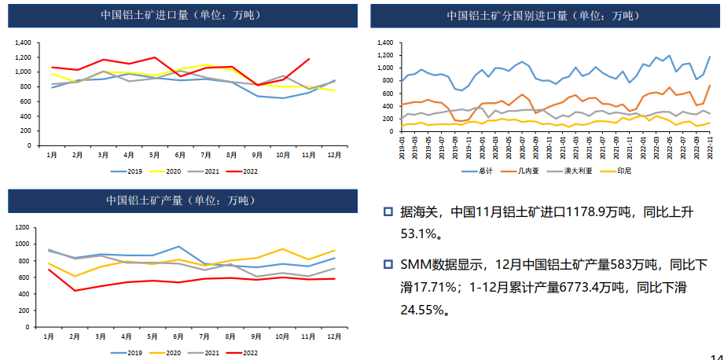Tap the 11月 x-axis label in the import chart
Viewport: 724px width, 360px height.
click(309, 154)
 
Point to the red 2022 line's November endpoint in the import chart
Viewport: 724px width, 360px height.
click(309, 59)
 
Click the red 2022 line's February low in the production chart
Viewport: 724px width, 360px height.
click(75, 291)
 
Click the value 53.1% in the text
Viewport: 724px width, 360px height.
click(418, 233)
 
